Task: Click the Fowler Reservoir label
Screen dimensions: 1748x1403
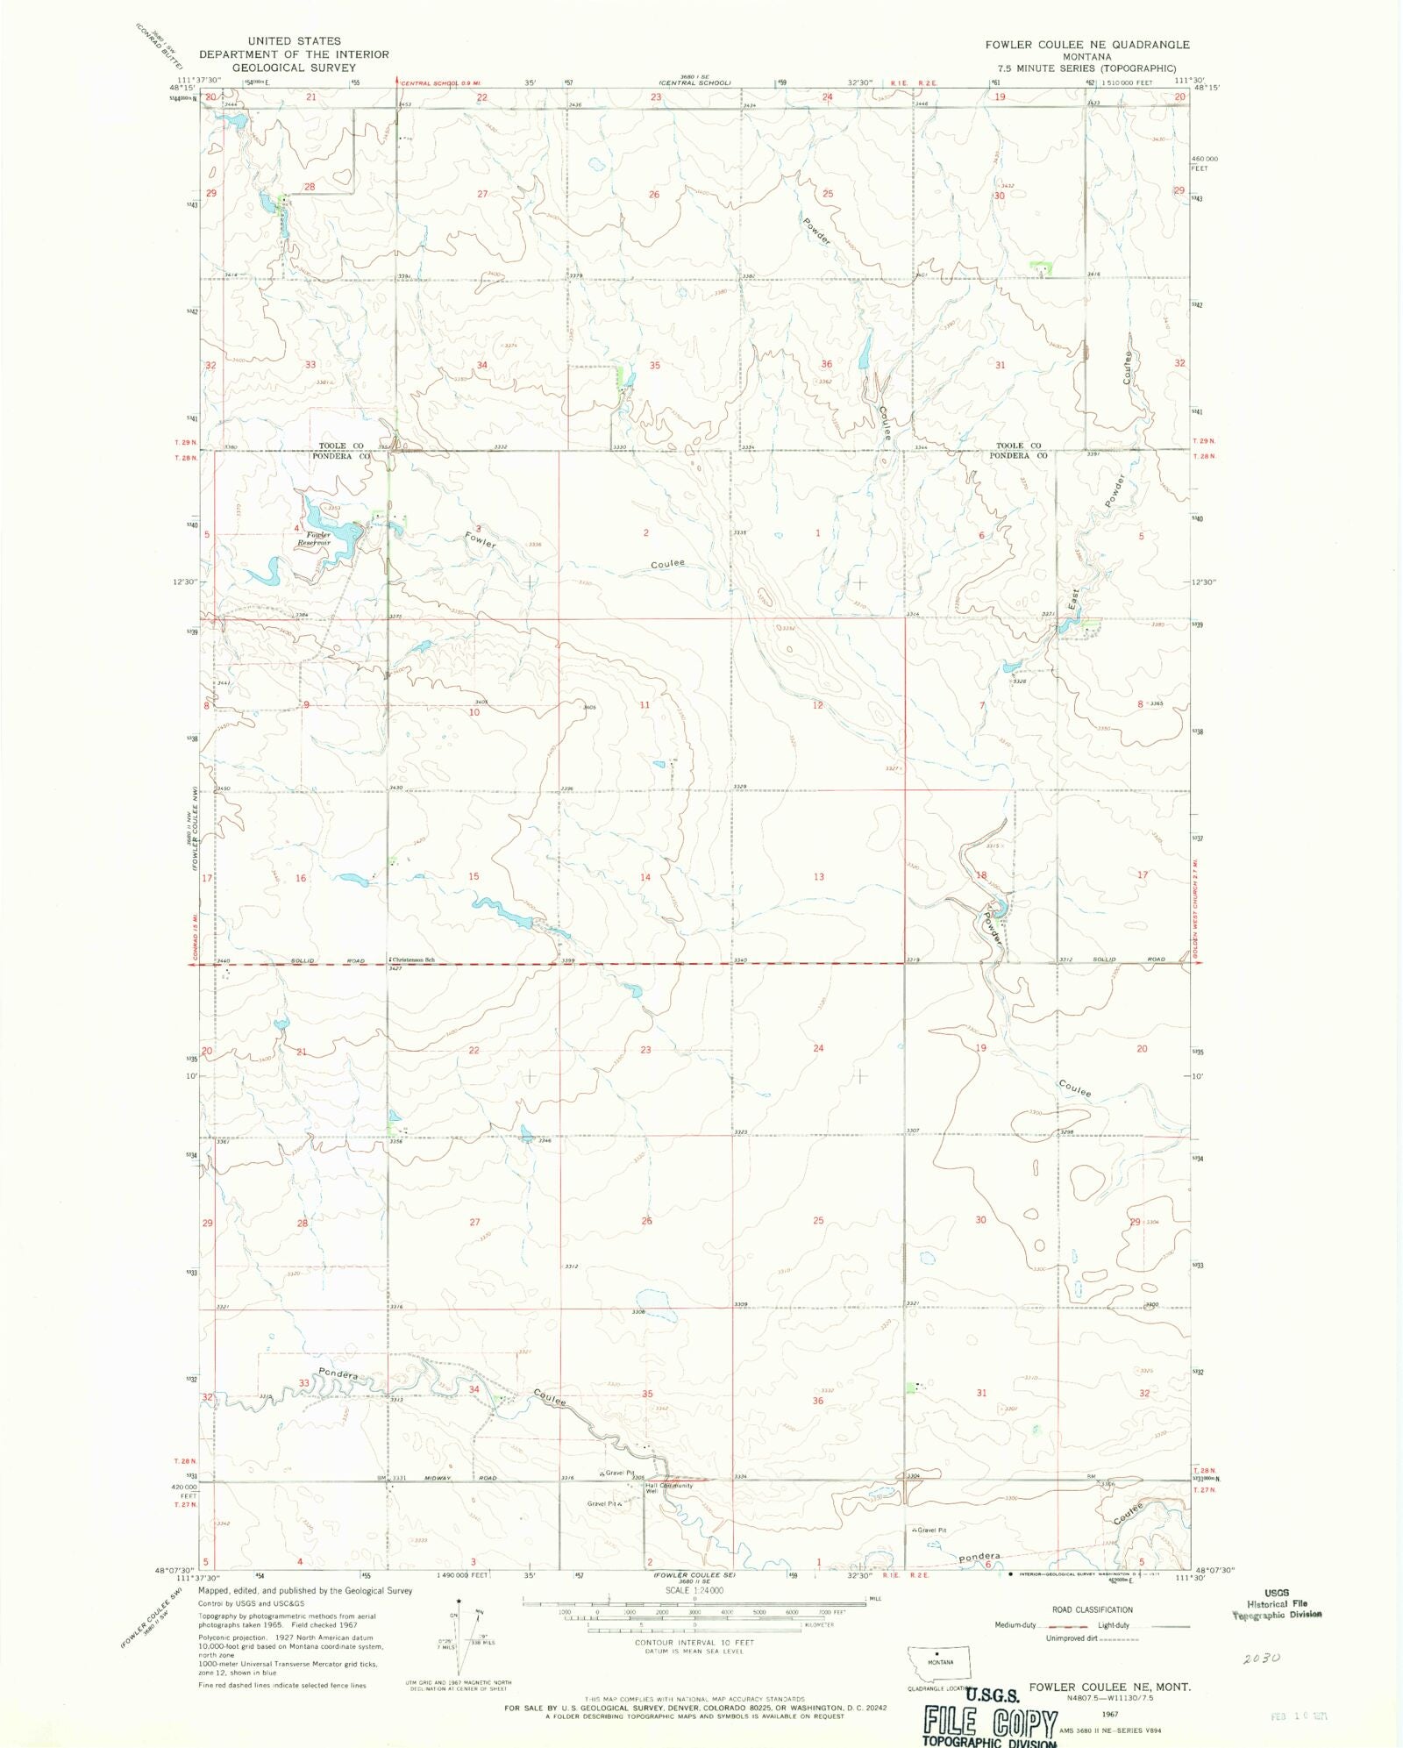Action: (x=314, y=539)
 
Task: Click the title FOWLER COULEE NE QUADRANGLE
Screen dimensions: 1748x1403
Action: (x=1086, y=45)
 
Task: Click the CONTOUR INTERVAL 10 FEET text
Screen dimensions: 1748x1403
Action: (x=694, y=1642)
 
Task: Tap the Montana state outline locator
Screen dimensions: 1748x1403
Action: (x=939, y=1662)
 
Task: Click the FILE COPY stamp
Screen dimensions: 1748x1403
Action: (x=990, y=1723)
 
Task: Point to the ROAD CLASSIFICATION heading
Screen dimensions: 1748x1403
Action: (x=1092, y=1609)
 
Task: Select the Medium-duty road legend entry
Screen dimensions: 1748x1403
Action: (x=1017, y=1625)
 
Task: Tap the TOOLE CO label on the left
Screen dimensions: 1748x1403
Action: (x=341, y=446)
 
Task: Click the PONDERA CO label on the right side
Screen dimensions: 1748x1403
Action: (x=1018, y=456)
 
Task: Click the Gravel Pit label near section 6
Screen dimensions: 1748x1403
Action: (x=929, y=1530)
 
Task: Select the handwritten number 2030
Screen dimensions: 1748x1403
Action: (x=1262, y=1658)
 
